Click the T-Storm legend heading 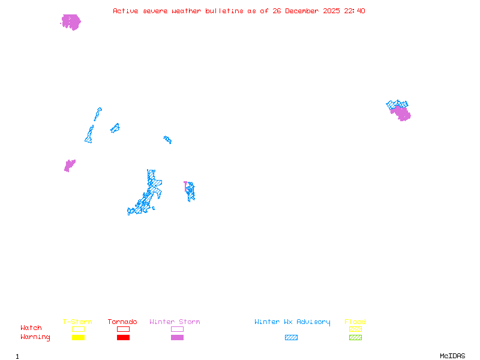pos(77,322)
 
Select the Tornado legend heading pos(122,322)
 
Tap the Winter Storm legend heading pos(175,322)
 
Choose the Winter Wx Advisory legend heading pos(292,322)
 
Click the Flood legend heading pos(355,322)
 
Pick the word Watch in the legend pos(31,328)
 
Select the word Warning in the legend pos(35,337)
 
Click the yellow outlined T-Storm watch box pos(78,329)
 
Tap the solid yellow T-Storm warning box pos(78,338)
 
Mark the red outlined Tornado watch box pos(123,329)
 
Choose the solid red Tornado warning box pos(123,338)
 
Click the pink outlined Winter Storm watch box pos(177,329)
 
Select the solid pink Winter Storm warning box pos(177,338)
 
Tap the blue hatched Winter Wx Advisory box pos(291,338)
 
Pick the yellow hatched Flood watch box pos(355,329)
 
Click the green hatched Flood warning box pos(355,338)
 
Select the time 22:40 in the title pos(353,11)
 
